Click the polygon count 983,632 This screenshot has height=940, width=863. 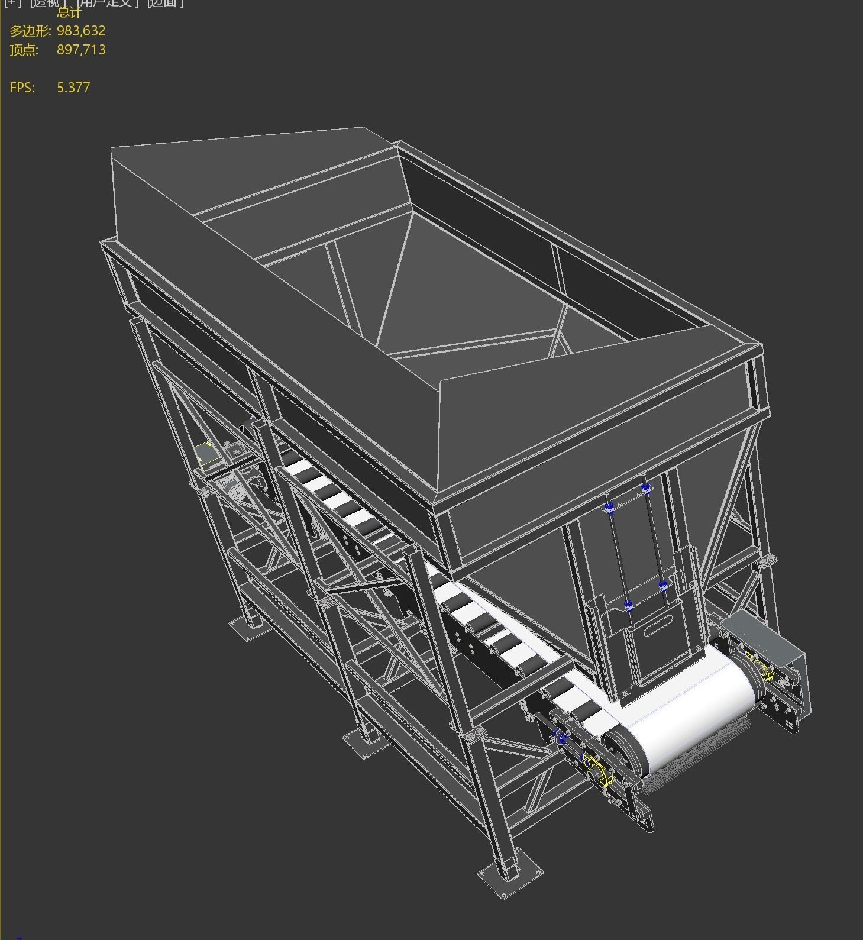[x=81, y=31]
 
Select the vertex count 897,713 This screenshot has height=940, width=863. [x=81, y=50]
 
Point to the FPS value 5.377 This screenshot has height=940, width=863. [x=73, y=88]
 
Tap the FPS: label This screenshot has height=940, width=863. [x=22, y=88]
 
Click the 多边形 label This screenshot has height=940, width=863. [x=30, y=31]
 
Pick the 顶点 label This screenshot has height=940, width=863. [x=24, y=50]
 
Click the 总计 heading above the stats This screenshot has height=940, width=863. [x=69, y=12]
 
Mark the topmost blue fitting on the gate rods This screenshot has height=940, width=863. [x=645, y=488]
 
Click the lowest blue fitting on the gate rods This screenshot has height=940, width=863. [x=628, y=605]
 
